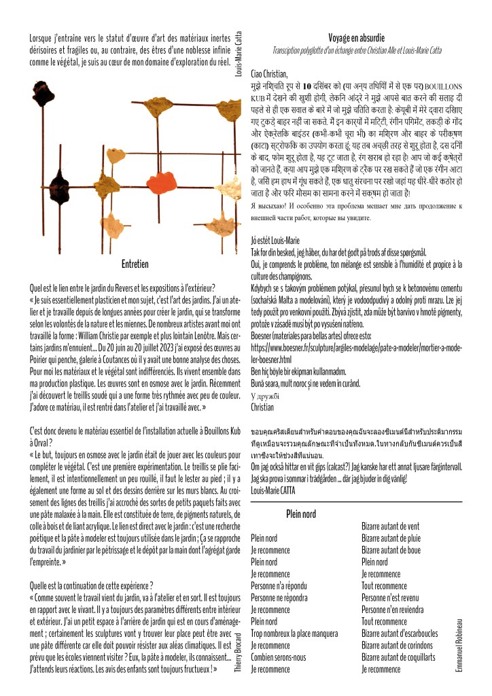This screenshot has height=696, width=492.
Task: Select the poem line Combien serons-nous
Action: coord(279,657)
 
